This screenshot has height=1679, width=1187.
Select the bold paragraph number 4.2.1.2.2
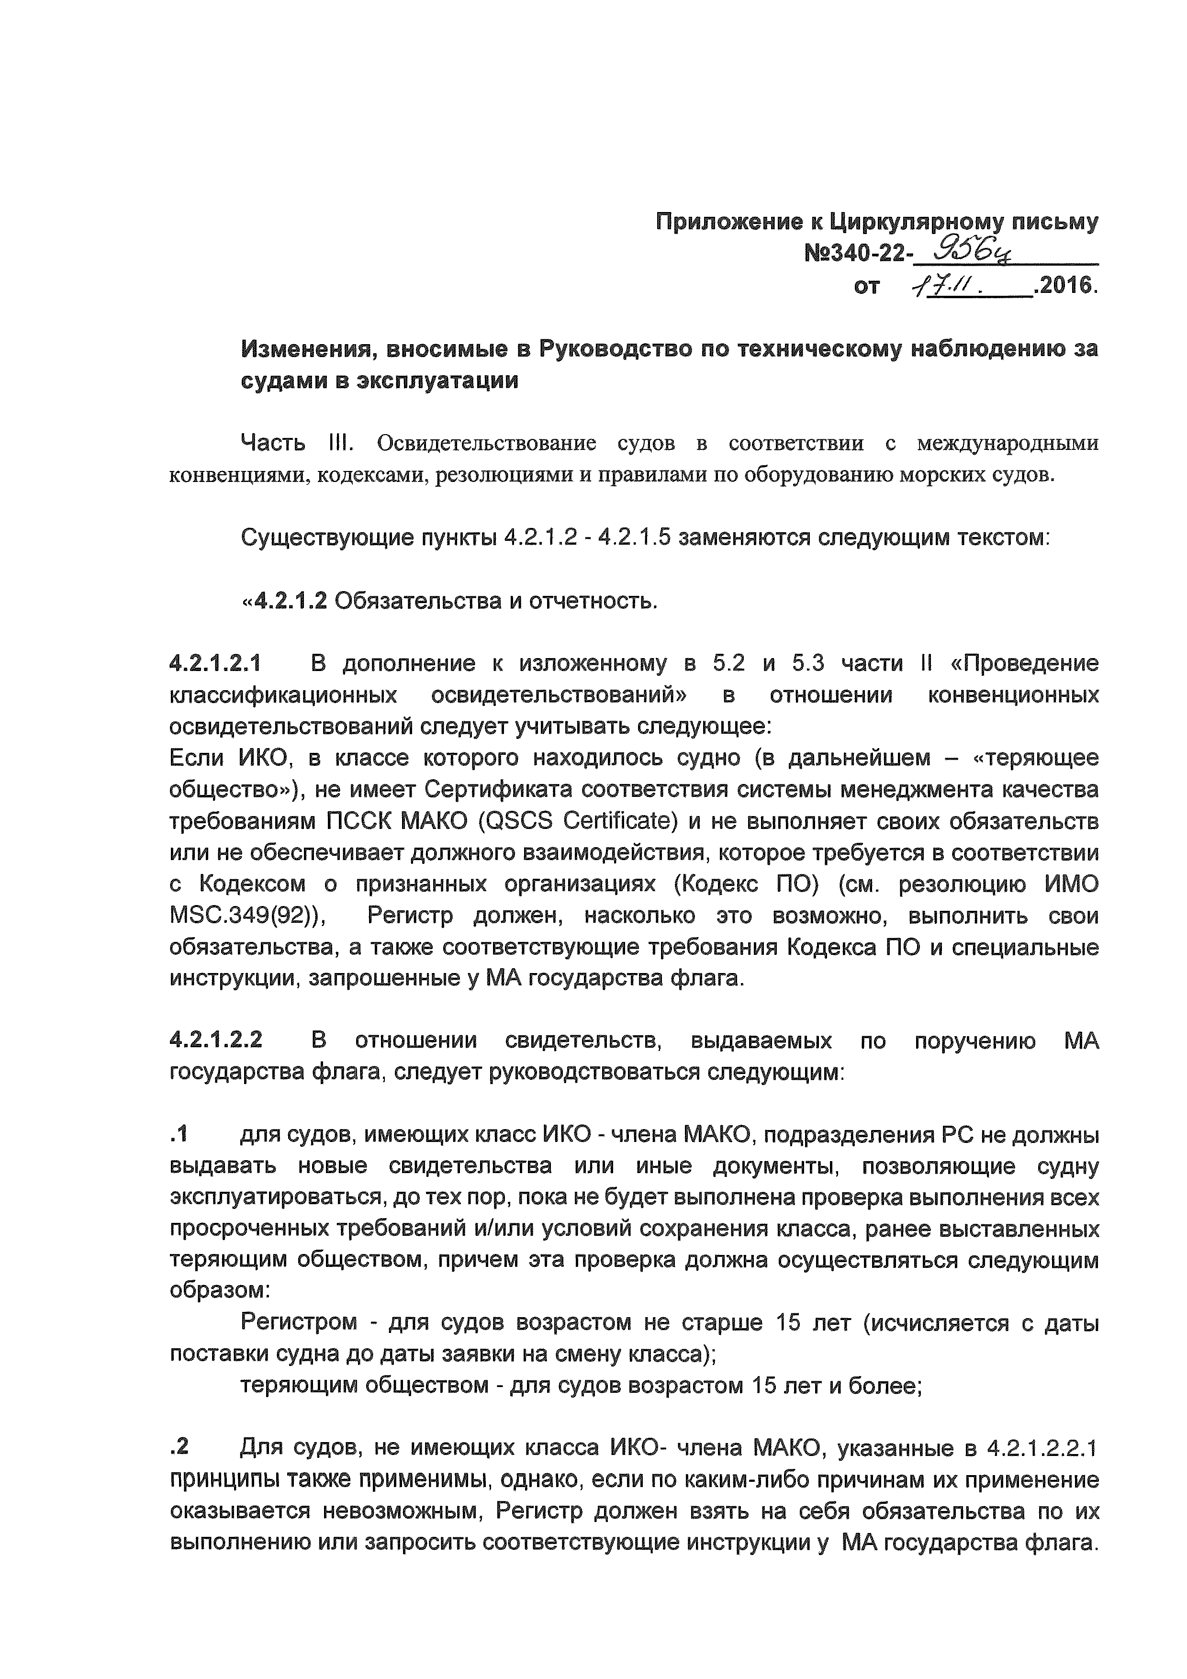point(216,1040)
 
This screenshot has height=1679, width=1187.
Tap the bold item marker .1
point(179,1134)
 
